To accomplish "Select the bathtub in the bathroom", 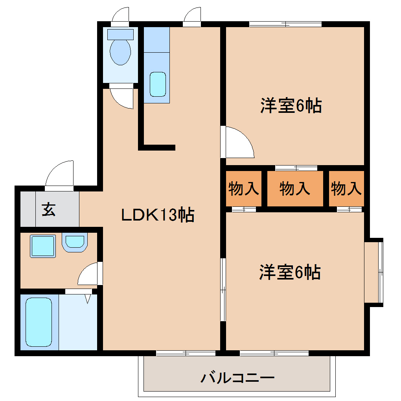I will click(39, 322).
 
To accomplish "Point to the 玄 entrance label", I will click(48, 209).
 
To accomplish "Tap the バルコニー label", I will click(237, 378).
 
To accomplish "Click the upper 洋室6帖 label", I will click(291, 106).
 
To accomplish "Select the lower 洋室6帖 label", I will click(290, 272).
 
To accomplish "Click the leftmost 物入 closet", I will click(244, 189).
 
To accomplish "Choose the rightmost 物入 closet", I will click(346, 189).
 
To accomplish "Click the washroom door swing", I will click(88, 274).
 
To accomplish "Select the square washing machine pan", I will click(43, 246).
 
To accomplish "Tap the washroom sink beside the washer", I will click(74, 243).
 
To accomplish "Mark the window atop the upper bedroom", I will click(285, 24).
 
